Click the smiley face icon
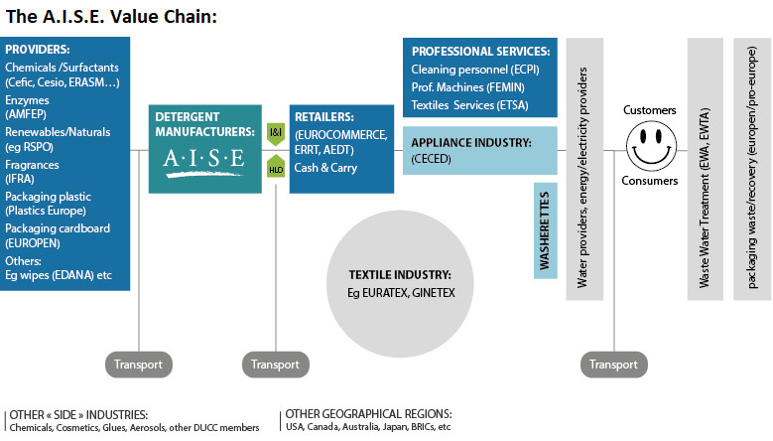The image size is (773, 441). (650, 145)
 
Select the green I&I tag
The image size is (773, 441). (276, 131)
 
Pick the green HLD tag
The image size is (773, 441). (276, 169)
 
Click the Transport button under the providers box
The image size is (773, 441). (138, 364)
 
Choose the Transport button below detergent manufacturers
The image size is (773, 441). (275, 364)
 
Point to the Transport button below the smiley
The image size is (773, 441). (614, 364)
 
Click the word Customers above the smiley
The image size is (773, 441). (650, 109)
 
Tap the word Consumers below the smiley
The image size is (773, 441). (650, 181)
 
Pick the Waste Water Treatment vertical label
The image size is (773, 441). (705, 169)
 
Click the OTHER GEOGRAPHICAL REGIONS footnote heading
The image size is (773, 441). (368, 413)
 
